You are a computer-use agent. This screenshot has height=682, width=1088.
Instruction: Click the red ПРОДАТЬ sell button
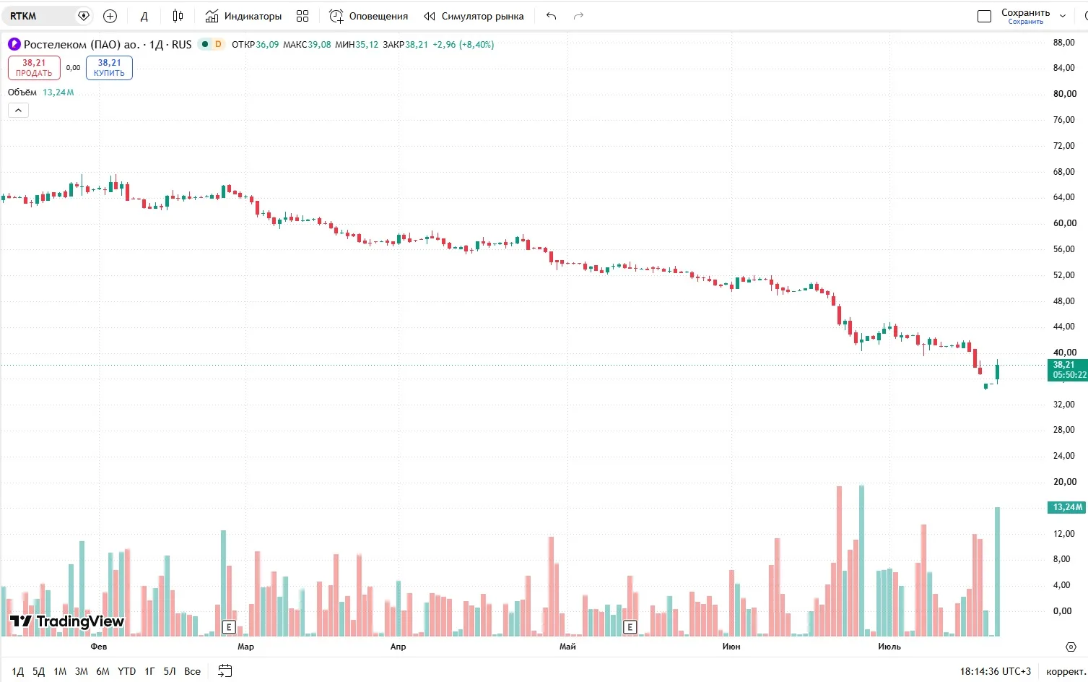34,68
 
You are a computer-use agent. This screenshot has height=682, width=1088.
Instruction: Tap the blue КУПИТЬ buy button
109,68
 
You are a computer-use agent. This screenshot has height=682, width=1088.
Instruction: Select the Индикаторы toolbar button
243,16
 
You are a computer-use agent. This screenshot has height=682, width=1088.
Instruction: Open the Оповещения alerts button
369,16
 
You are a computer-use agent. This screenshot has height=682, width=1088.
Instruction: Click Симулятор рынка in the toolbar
474,16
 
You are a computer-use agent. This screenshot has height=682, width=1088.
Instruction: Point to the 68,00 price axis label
1063,172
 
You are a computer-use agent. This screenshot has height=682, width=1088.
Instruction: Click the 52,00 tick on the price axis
1063,275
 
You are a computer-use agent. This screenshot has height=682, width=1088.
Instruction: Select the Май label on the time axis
567,647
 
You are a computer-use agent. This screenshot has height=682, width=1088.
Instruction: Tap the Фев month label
99,647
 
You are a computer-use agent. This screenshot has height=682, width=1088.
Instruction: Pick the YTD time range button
127,671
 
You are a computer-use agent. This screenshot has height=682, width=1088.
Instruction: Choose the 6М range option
103,671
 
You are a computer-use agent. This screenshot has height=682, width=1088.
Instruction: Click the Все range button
192,671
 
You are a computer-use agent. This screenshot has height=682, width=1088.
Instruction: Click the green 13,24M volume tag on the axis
1066,507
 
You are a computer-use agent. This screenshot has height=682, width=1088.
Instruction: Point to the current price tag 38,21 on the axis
1067,370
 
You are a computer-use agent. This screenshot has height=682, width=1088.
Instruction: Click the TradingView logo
67,621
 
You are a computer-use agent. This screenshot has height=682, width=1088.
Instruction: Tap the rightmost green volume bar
997,571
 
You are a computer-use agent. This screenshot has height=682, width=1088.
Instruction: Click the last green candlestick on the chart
997,372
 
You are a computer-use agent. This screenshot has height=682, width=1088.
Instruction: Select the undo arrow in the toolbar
551,16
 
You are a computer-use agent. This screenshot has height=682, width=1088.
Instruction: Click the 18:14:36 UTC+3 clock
996,671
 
